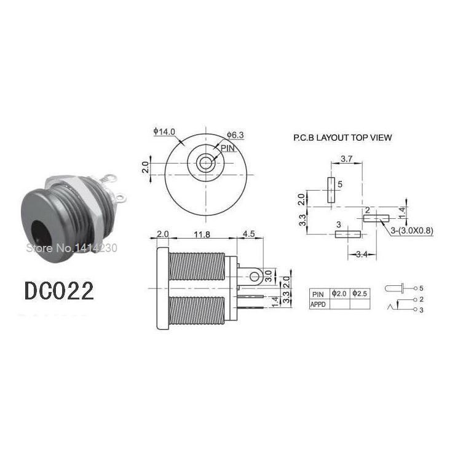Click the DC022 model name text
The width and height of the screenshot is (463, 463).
click(x=59, y=291)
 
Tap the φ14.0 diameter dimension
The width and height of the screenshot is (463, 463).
click(x=164, y=132)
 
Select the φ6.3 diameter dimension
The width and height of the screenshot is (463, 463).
click(x=235, y=135)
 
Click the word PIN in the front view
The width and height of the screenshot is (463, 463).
click(x=228, y=148)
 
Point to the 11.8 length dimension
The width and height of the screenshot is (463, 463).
click(x=202, y=235)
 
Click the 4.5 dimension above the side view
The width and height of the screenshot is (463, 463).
click(x=248, y=234)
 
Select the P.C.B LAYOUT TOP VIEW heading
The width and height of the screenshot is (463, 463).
click(x=342, y=138)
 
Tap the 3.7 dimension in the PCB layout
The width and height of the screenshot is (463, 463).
click(x=347, y=159)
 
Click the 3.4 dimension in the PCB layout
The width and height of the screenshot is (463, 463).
click(x=362, y=254)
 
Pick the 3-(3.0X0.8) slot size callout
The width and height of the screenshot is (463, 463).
click(x=412, y=231)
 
